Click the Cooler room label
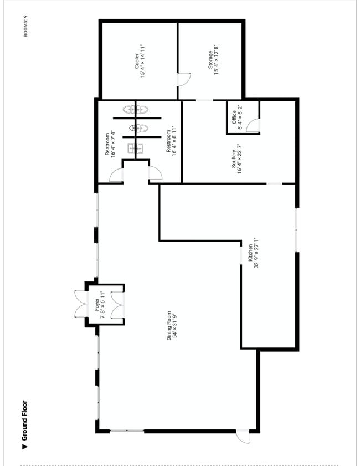pos(136,61)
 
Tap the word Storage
pos(210,60)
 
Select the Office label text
pos(234,117)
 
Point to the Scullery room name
pos(234,158)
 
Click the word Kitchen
pos(250,253)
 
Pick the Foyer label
pos(97,305)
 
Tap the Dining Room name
pos(169,325)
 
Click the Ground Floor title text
pos(25,421)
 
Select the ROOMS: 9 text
pos(25,26)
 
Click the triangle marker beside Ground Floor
pos(25,447)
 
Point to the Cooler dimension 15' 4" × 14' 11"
pos(142,61)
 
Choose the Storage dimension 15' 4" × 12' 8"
pos(216,60)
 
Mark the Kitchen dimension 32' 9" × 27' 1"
pos(256,253)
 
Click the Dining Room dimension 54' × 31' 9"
pos(175,325)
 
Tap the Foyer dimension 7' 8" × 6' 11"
pos(103,305)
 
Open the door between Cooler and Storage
pos(184,79)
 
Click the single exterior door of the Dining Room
pos(243,437)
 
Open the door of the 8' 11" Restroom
pos(155,173)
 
